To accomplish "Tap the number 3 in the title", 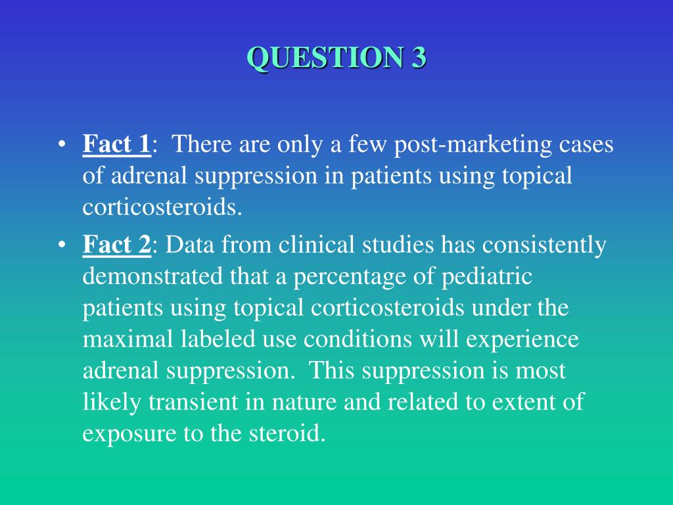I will coord(419,58).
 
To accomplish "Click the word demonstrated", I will coord(152,277).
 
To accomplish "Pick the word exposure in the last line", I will coord(125,435).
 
